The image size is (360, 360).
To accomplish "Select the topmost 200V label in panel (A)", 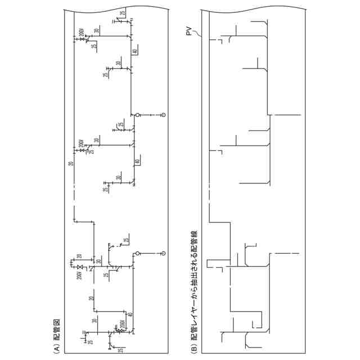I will [x=82, y=36].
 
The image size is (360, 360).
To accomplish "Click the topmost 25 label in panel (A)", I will [x=123, y=13].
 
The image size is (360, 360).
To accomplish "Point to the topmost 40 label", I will [x=135, y=51].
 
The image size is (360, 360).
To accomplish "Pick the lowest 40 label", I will [x=130, y=315].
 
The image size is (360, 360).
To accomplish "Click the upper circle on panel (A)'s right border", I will [x=164, y=115].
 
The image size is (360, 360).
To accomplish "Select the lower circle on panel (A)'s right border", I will [x=164, y=253].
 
